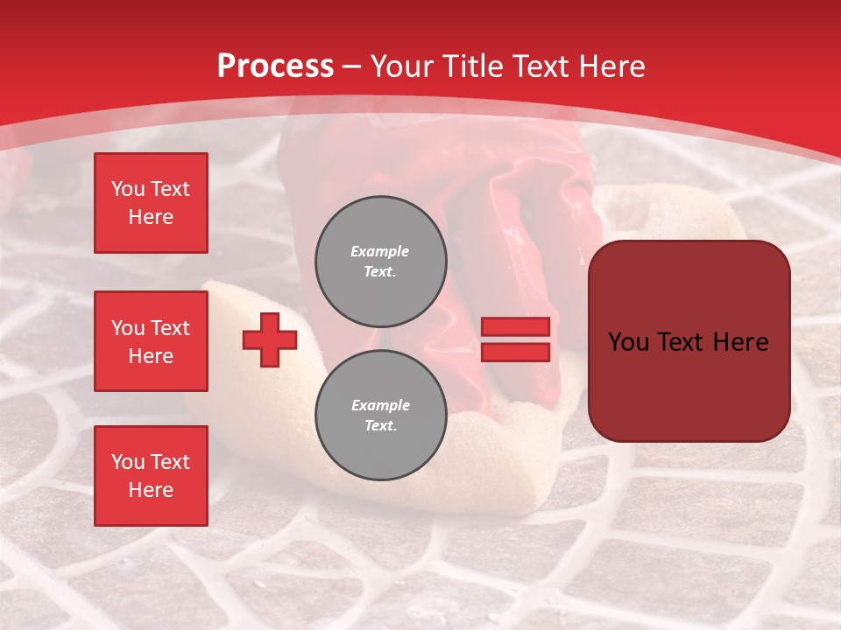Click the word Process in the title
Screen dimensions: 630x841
[x=275, y=66]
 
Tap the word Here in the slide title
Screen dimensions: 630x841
[x=611, y=66]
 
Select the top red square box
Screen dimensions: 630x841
[x=151, y=203]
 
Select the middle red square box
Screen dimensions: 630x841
[x=151, y=341]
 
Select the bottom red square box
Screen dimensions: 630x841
[x=151, y=476]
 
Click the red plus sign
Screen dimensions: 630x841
[x=270, y=339]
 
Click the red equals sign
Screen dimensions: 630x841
[x=515, y=339]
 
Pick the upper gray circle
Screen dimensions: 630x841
[x=380, y=261]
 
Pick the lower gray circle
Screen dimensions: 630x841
[x=380, y=415]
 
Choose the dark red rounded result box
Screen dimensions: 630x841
[x=689, y=341]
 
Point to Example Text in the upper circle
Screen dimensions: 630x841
[x=380, y=261]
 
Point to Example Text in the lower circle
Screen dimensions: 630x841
[x=380, y=415]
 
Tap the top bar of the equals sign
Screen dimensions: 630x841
[x=515, y=326]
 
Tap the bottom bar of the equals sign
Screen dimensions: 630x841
[x=515, y=353]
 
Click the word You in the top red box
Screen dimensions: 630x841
[x=128, y=189]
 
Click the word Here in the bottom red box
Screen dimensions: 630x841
[x=151, y=490]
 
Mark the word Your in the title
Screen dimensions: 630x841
[x=401, y=66]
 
